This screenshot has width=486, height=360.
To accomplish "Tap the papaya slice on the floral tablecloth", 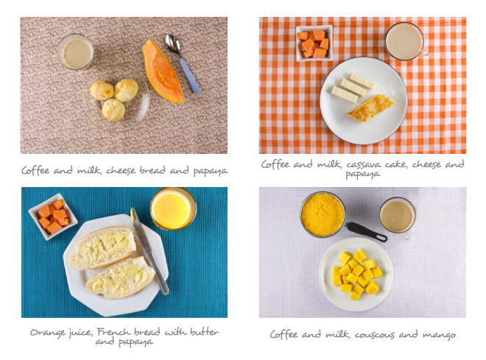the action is (x=162, y=72).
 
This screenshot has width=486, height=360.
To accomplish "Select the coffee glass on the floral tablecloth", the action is (x=76, y=52).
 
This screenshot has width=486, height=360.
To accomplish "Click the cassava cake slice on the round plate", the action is (x=370, y=108).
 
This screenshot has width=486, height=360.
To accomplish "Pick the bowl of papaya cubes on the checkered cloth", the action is (x=314, y=43).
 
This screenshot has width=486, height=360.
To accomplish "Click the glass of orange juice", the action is (x=173, y=208).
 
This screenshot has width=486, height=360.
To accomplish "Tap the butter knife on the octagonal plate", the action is (x=149, y=250).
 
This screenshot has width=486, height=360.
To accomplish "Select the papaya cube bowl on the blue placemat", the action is (x=53, y=216).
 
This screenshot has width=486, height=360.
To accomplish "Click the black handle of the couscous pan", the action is (x=367, y=232).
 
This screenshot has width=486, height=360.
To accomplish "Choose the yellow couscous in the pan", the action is (x=323, y=214).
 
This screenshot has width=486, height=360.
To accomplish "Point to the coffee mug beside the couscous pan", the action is (x=398, y=216).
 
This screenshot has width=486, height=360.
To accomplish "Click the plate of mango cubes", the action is (x=356, y=274).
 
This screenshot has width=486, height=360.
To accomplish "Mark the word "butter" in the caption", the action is (x=204, y=332).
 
